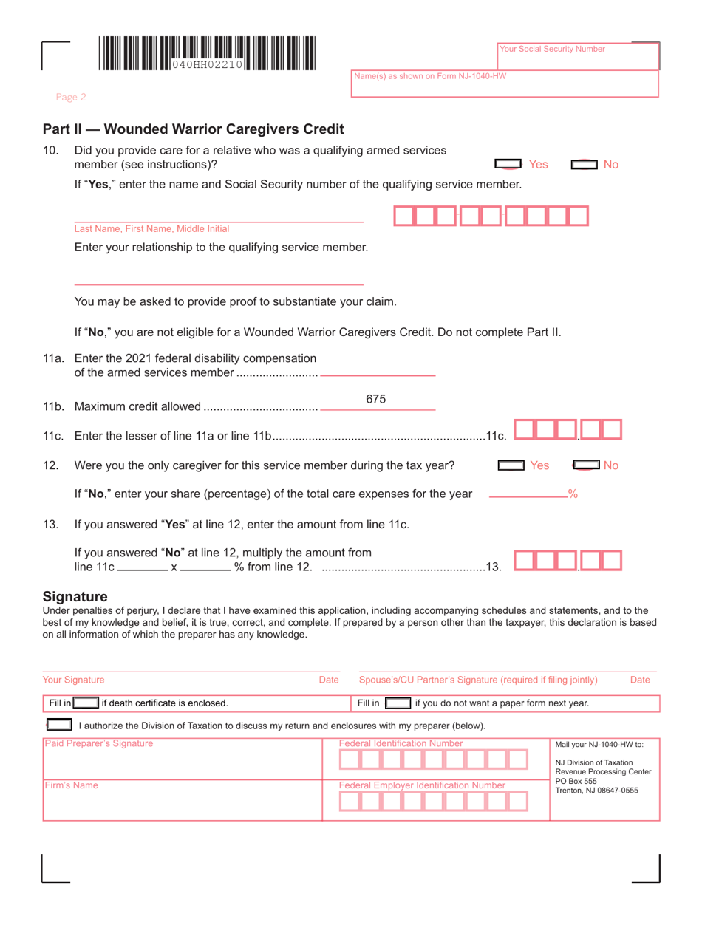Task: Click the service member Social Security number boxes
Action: click(x=491, y=216)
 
